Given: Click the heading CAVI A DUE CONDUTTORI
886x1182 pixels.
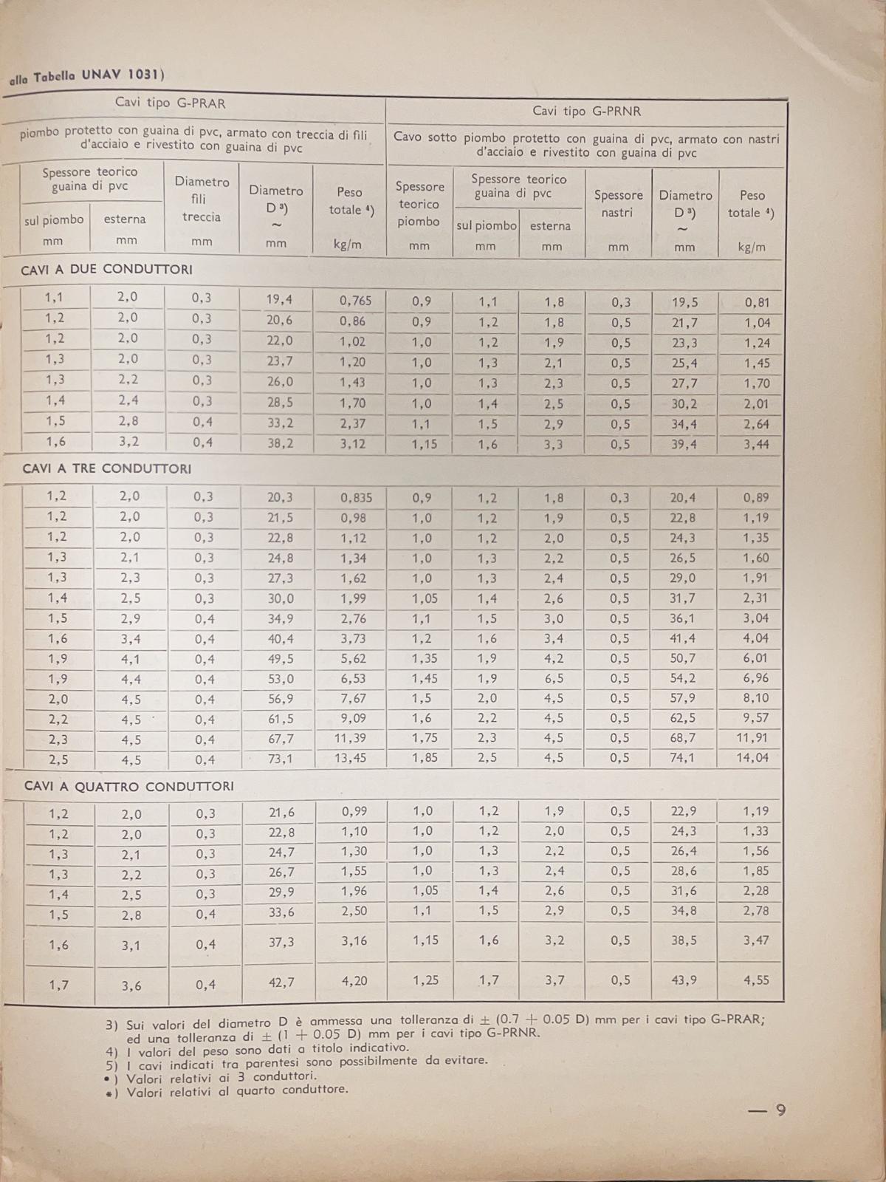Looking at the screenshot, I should click(106, 270).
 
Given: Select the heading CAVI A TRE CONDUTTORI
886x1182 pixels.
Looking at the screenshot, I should click(107, 469).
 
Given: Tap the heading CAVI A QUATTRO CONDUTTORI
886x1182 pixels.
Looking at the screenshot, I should click(128, 787).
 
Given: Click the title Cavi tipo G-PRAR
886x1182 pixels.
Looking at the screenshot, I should click(170, 103).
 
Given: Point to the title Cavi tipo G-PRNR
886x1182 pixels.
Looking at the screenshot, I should click(586, 112).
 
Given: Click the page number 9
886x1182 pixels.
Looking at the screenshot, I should click(780, 1110).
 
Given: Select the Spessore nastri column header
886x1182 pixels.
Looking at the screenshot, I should click(618, 204).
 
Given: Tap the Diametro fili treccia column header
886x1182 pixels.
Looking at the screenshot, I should click(202, 199).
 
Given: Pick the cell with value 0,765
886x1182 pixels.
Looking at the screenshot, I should click(355, 301).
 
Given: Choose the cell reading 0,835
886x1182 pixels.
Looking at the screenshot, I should click(356, 498).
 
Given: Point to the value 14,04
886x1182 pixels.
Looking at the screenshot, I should click(752, 757).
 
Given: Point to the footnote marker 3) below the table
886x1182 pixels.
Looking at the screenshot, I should click(111, 1025).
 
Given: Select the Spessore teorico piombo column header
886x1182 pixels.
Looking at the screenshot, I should click(419, 204).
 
